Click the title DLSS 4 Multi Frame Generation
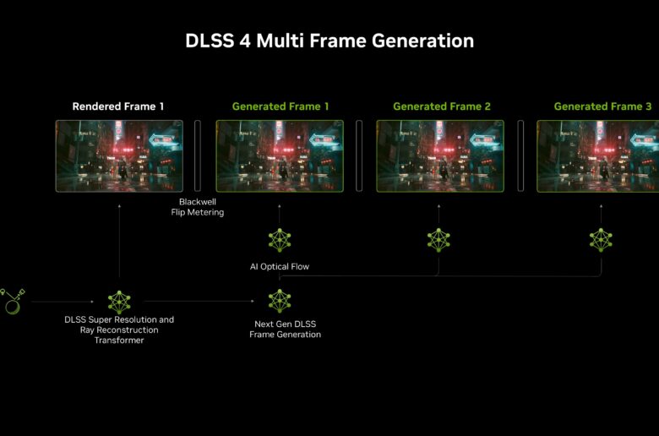point(329,41)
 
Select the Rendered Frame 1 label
point(118,106)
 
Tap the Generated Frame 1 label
point(280,106)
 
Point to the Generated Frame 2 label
point(442,106)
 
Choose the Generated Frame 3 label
point(602,106)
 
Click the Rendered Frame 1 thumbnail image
point(119,156)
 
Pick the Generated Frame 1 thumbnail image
point(280,156)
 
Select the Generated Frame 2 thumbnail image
point(440,156)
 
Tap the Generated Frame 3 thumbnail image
point(597,156)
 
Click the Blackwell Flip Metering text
point(198,207)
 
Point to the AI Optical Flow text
point(280,266)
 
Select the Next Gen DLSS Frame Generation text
point(285,330)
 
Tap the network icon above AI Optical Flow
point(280,240)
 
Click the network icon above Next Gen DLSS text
point(280,301)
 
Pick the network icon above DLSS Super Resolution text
point(119,302)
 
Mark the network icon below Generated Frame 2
point(438,240)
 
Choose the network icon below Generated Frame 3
point(601,240)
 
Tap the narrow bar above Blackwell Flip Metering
point(198,156)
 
